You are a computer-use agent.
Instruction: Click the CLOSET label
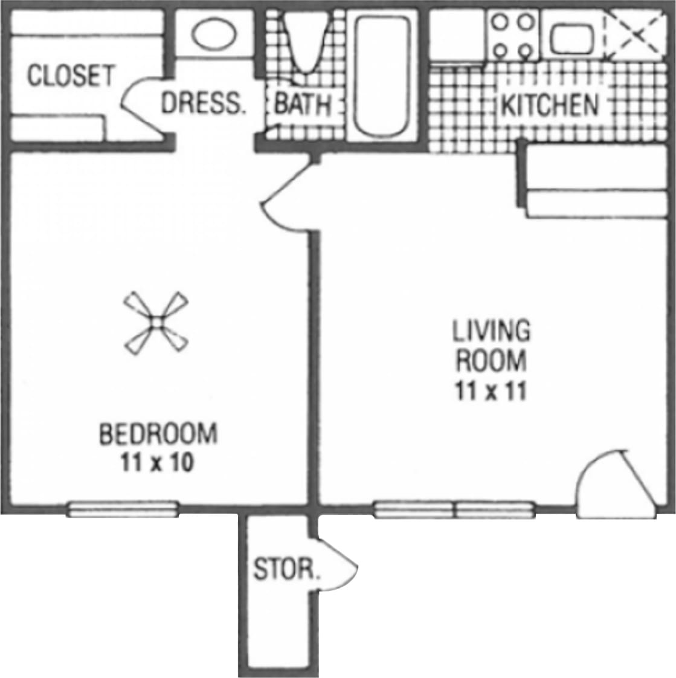[x=71, y=77]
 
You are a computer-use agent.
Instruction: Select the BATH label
[x=303, y=105]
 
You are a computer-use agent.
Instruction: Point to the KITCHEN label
[x=550, y=105]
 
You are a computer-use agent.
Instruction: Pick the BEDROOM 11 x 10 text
[x=157, y=448]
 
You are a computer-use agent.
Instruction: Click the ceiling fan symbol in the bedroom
[x=156, y=323]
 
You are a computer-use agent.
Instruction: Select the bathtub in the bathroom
[x=382, y=76]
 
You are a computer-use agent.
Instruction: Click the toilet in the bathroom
[x=306, y=42]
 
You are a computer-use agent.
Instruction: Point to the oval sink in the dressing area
[x=214, y=34]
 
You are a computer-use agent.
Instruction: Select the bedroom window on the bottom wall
[x=123, y=509]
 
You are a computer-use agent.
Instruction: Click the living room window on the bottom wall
[x=454, y=509]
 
